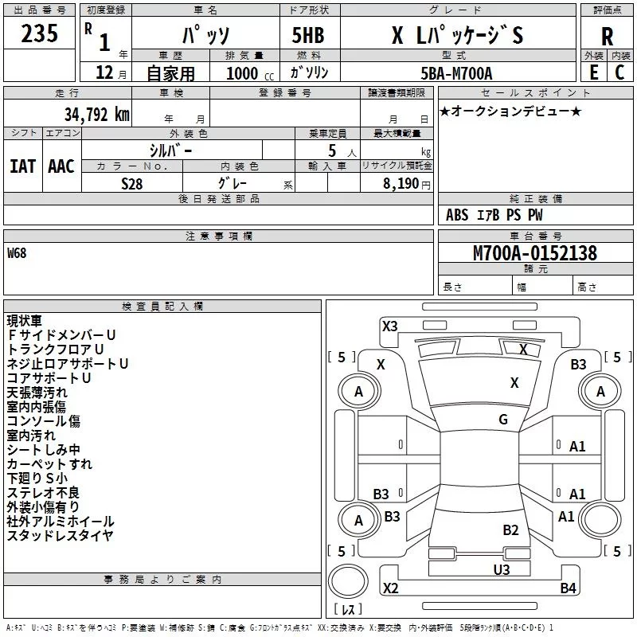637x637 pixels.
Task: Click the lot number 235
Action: [x=40, y=35]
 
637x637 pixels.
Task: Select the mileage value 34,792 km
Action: [x=96, y=115]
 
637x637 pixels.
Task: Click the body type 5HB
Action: [x=303, y=36]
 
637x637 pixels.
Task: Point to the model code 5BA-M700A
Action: [x=456, y=73]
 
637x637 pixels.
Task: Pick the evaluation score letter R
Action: [x=607, y=37]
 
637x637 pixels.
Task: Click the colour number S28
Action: [x=132, y=183]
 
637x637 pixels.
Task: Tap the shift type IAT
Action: [x=22, y=166]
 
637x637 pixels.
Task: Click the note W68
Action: [x=17, y=254]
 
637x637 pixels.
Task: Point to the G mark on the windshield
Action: [x=503, y=420]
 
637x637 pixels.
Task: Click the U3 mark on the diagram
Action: [x=501, y=569]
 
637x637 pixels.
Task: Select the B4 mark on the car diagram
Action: [x=568, y=588]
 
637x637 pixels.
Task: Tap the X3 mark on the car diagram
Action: [x=389, y=326]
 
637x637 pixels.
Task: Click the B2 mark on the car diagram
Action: [x=510, y=530]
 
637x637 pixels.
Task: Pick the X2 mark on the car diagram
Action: [x=390, y=588]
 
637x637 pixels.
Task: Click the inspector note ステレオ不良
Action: [x=43, y=492]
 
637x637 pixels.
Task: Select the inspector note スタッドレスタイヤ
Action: [x=60, y=535]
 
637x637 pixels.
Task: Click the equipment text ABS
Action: [x=456, y=215]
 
